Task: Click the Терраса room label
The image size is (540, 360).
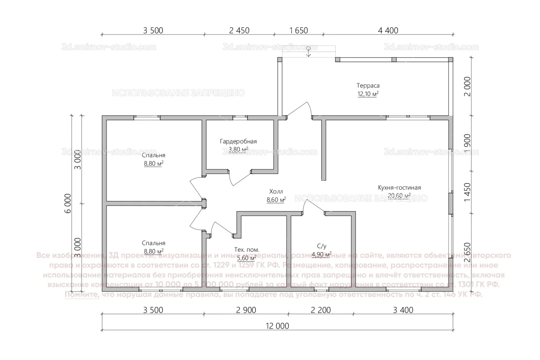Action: coord(368,86)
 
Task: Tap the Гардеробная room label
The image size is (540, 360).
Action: coord(238,141)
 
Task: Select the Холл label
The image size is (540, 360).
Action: coord(276,192)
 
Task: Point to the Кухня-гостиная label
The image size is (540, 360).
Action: coord(399,188)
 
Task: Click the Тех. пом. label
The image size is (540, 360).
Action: coord(247,250)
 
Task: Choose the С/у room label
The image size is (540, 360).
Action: coord(321,246)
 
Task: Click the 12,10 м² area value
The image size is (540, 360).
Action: coord(368,94)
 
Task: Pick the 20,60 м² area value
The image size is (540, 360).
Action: coord(399,196)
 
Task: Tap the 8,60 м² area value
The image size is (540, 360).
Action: coord(276,200)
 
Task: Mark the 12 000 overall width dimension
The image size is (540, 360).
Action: coord(277,326)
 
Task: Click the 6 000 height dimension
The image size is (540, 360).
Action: coord(68,203)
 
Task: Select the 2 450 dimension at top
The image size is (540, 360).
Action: coord(239,30)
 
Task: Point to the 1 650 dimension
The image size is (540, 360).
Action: coord(299,30)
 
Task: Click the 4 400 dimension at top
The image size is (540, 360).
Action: coord(388,30)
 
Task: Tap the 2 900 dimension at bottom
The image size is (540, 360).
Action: coord(246,310)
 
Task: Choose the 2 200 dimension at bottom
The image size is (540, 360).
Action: coord(321,310)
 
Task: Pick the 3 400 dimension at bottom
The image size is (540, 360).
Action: coord(403,310)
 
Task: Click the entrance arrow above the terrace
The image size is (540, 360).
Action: coord(309,52)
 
